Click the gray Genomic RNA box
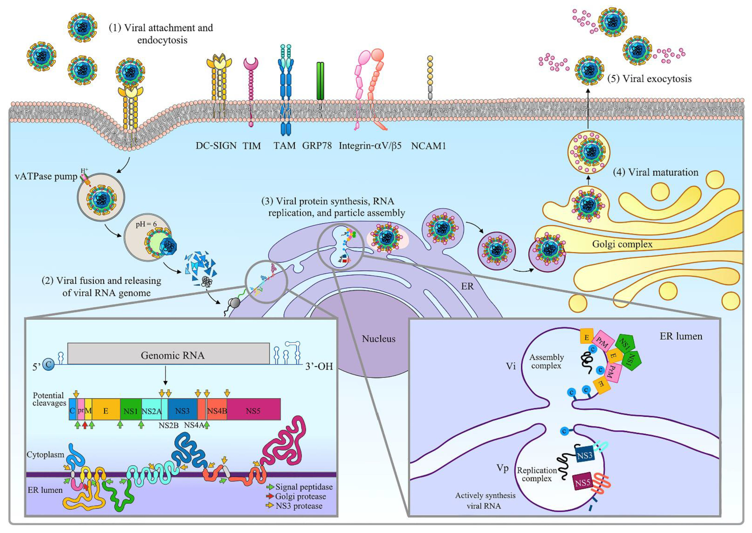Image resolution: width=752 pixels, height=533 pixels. coord(168,354)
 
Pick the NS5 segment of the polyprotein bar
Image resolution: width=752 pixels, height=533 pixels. coord(253,411)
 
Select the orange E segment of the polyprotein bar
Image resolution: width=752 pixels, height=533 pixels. coord(106,411)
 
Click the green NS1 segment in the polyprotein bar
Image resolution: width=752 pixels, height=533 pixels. coord(131,411)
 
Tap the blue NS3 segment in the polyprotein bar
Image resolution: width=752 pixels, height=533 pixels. coord(182,411)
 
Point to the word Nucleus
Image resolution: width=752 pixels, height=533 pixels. coord(378,338)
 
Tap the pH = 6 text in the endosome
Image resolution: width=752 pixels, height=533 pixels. coord(146,224)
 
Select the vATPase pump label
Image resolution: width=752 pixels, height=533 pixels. coord(46,176)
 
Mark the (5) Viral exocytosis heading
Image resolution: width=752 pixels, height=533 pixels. coord(649,79)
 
